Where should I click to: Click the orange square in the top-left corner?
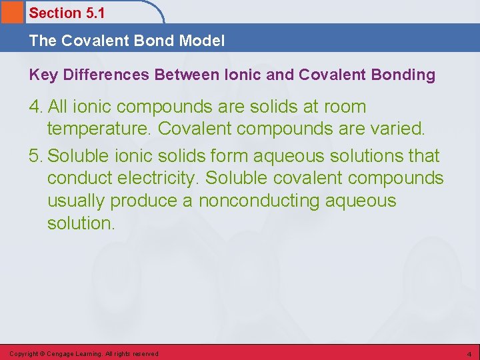(x=11, y=11)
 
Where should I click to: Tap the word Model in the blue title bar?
(x=201, y=41)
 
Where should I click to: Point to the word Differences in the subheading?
(x=107, y=75)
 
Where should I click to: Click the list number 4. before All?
(x=37, y=107)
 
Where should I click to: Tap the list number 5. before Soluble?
(x=37, y=156)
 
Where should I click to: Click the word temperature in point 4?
(x=99, y=129)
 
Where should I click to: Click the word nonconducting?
(x=258, y=201)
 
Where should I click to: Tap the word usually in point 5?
(x=76, y=201)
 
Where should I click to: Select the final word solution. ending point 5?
(x=81, y=223)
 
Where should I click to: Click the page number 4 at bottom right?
(x=469, y=354)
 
